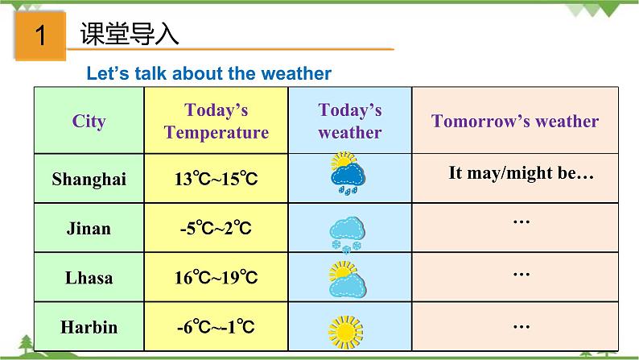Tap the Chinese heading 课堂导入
coord(130,35)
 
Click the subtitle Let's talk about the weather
coord(209,73)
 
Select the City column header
coord(89,121)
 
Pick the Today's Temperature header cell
coord(216,121)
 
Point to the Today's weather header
coord(349,121)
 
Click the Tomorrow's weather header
coord(515,121)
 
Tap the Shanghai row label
coord(89,179)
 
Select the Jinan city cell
coord(89,229)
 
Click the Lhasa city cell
coord(89,278)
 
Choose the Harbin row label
coord(89,327)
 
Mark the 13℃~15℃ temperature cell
coord(216,179)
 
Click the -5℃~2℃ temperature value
coord(216,229)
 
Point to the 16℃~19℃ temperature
coord(216,278)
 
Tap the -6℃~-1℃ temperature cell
coord(216,327)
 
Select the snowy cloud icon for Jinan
coord(348,232)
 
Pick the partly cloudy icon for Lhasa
coord(348,278)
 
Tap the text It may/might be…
coord(521,173)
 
